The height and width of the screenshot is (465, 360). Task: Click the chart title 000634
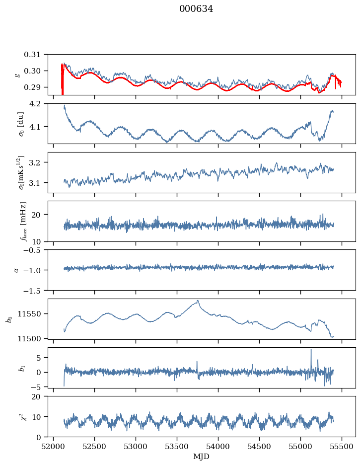(196, 9)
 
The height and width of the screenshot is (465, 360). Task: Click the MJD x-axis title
(202, 457)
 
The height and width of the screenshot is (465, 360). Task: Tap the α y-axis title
(16, 270)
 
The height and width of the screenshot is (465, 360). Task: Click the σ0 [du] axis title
(21, 124)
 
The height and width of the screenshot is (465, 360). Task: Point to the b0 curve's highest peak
(198, 301)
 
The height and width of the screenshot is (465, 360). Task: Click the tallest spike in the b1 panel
(311, 349)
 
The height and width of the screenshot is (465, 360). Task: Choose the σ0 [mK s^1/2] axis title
(21, 172)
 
